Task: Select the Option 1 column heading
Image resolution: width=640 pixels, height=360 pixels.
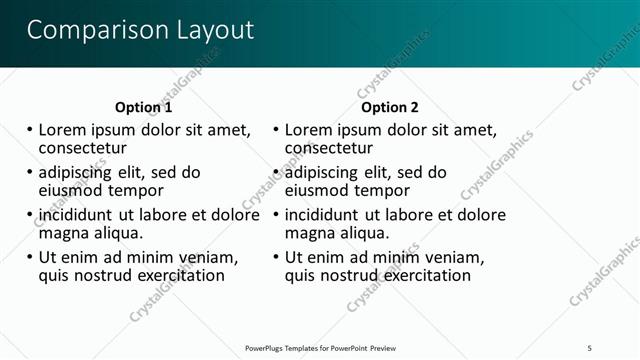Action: pyautogui.click(x=144, y=107)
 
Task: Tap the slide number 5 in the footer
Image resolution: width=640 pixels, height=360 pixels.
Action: pyautogui.click(x=590, y=347)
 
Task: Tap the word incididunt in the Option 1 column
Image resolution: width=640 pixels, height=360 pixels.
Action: pyautogui.click(x=84, y=214)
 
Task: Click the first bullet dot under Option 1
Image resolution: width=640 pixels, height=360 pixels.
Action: pyautogui.click(x=30, y=130)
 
